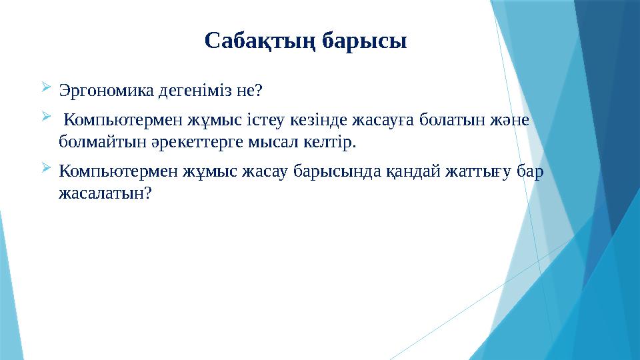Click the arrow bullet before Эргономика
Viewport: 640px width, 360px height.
tap(45, 87)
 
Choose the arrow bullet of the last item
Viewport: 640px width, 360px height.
tap(45, 169)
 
